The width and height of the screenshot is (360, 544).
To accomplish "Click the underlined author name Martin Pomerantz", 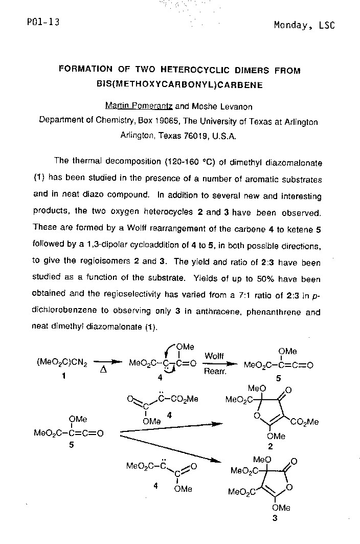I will tap(139, 106).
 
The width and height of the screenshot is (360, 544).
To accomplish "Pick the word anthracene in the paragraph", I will tap(229, 312).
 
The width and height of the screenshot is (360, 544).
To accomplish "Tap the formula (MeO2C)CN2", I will tap(62, 364).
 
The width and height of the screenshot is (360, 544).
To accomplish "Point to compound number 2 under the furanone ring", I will tap(271, 446).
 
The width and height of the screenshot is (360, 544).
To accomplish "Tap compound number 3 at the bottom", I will tap(275, 518).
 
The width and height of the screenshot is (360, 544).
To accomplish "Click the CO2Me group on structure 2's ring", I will tap(304, 422).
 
